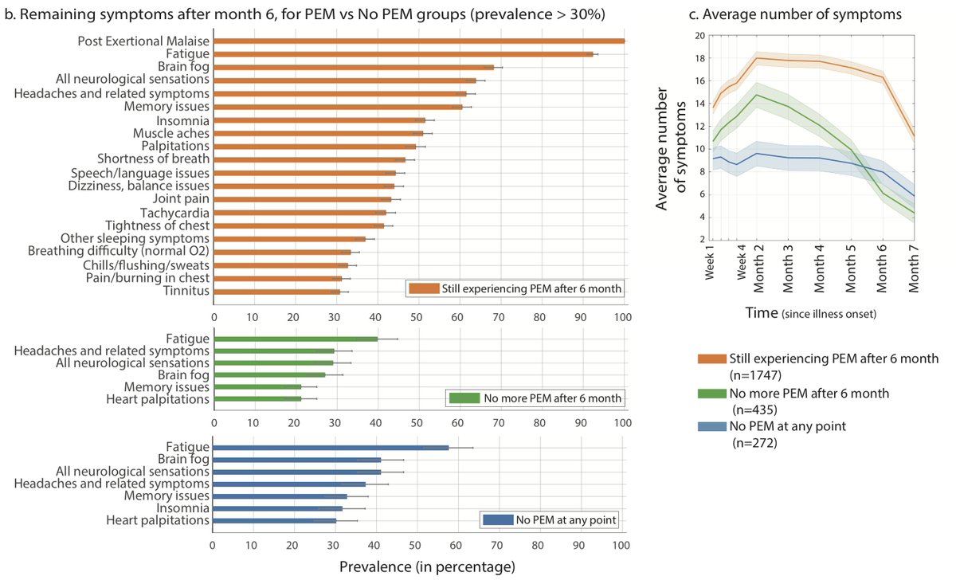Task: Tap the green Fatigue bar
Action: [x=295, y=339]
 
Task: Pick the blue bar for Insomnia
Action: [x=278, y=508]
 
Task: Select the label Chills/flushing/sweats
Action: [x=135, y=265]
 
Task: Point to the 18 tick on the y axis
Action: [x=699, y=58]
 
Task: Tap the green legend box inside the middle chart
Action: [x=462, y=397]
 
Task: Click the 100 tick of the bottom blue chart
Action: [x=622, y=546]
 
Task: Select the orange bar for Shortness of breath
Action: [x=310, y=159]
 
